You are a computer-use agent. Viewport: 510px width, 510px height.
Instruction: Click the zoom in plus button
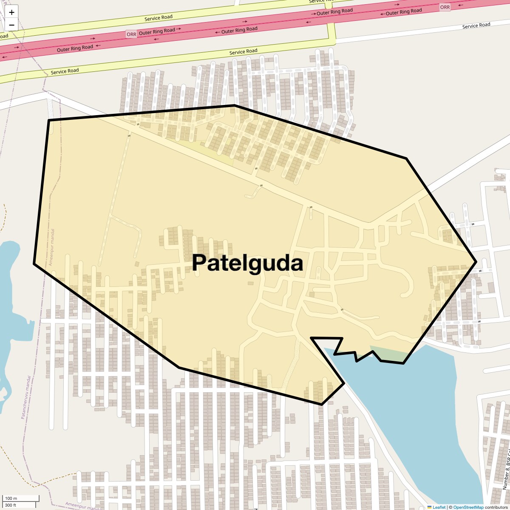tap(11, 12)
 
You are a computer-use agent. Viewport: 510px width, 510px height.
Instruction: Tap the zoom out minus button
tap(11, 25)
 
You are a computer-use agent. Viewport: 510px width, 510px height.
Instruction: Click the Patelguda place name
tap(247, 263)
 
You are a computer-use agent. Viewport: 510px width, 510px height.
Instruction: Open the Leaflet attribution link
tap(439, 507)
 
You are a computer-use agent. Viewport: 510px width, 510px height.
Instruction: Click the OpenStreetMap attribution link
tap(468, 507)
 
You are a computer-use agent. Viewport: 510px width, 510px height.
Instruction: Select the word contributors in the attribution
tap(496, 507)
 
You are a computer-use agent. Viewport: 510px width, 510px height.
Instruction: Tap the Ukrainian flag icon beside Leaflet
tap(430, 507)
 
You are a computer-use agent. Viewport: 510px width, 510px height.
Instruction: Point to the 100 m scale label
tap(11, 498)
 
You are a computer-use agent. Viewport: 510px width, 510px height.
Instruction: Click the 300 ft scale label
tap(11, 505)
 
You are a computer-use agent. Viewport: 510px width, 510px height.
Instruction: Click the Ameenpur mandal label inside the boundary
tap(52, 247)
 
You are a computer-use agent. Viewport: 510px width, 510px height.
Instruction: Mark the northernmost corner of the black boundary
tap(235, 105)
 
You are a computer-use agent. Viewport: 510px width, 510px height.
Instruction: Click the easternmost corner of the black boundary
tap(476, 261)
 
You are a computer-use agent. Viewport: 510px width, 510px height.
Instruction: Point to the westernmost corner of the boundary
tap(34, 263)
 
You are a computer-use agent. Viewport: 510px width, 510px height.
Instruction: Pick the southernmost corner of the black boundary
tap(322, 404)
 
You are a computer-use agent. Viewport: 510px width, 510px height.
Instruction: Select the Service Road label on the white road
tap(476, 26)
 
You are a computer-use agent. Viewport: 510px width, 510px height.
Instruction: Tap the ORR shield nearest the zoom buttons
tap(131, 34)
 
